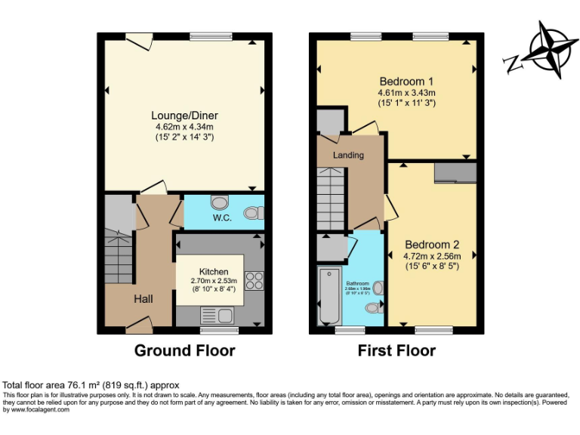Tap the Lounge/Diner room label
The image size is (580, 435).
click(184, 116)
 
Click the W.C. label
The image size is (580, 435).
click(221, 218)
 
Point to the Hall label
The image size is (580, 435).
click(143, 300)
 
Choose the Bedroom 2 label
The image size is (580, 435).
click(431, 245)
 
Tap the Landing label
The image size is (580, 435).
click(348, 156)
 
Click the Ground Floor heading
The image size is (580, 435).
click(184, 350)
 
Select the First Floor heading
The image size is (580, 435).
click(396, 350)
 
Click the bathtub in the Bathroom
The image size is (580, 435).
click(330, 295)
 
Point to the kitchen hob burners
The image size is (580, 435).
click(254, 281)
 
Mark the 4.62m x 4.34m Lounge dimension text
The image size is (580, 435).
click(184, 127)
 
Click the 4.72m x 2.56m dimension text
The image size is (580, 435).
click(431, 256)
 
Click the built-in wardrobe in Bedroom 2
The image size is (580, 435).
click(455, 172)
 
